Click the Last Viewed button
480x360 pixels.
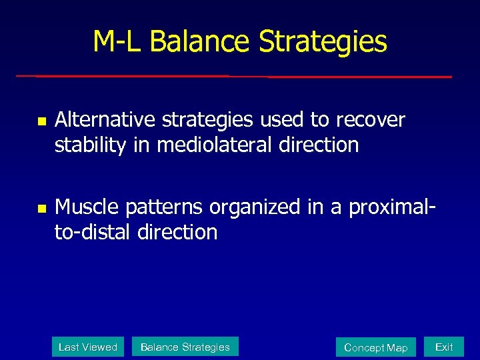[88, 347]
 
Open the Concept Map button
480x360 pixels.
[375, 347]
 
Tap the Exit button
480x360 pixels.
[444, 347]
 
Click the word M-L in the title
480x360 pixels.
[118, 41]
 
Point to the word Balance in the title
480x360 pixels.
[201, 41]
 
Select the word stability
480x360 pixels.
[90, 145]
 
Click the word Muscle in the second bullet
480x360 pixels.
[84, 207]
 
